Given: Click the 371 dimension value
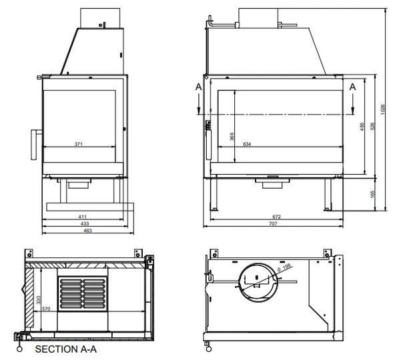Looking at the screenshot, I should point(79,144).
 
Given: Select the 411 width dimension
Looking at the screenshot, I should point(82,217).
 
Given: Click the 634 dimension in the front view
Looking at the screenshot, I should point(247,145).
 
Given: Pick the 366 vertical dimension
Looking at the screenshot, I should point(232,136).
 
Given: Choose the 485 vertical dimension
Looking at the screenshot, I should point(361,125).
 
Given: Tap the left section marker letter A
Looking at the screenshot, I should point(197,87).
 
